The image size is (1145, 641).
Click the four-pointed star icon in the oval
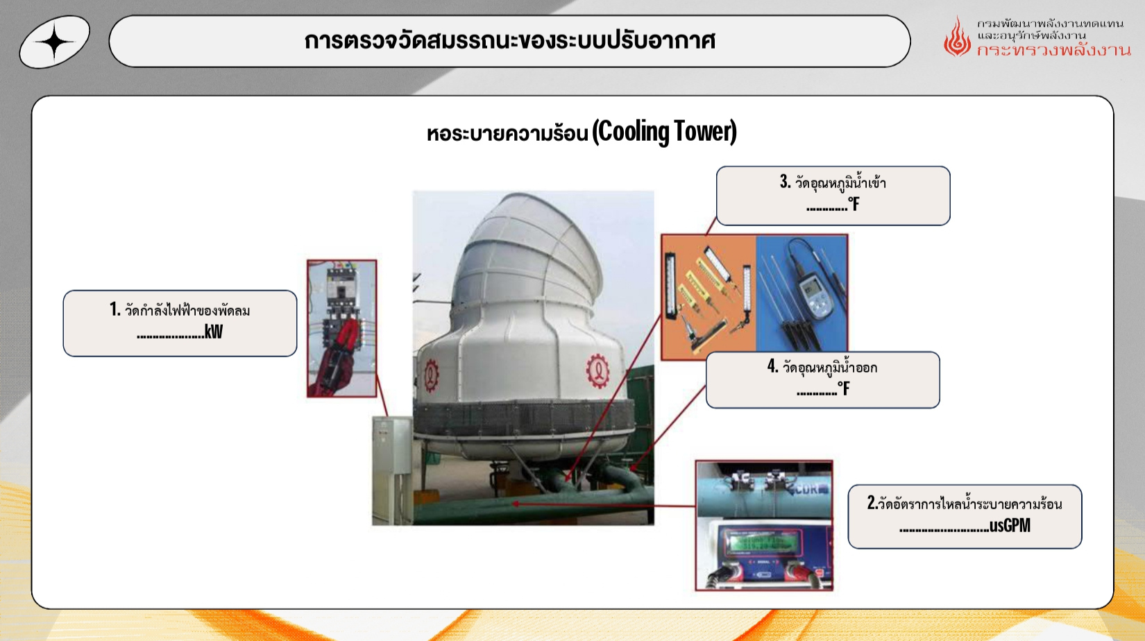(55, 42)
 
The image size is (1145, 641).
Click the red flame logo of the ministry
(957, 37)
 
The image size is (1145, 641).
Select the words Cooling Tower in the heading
(665, 132)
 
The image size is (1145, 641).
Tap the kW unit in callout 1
(214, 332)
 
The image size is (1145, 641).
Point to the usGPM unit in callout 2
(1010, 525)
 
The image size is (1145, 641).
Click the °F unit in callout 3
(854, 205)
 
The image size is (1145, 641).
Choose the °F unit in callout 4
(844, 389)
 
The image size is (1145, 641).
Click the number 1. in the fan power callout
(115, 309)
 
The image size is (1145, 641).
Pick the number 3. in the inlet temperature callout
(785, 182)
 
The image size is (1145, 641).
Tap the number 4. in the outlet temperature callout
(773, 366)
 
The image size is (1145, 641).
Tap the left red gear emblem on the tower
(432, 375)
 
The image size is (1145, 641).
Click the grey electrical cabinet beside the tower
(391, 470)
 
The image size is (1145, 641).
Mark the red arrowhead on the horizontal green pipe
(516, 504)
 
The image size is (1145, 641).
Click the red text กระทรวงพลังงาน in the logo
(1053, 50)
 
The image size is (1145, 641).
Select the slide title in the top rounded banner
(509, 41)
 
